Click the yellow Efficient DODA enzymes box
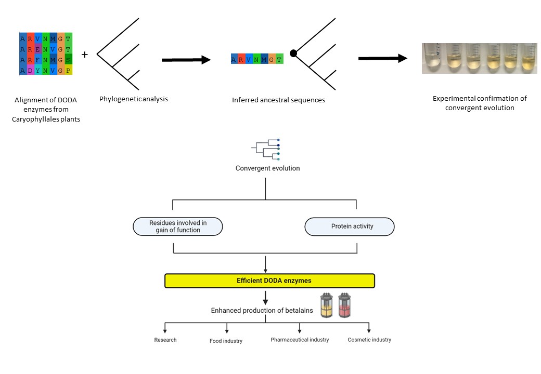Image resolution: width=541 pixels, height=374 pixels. coord(269,281)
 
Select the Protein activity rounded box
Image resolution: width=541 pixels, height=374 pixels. coord(349,226)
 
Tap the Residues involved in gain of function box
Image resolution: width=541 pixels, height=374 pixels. coord(178,226)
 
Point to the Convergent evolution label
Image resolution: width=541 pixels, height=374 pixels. coord(267,168)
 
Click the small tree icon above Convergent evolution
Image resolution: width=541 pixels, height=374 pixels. coord(266,149)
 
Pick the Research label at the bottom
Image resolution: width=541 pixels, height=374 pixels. coord(165,340)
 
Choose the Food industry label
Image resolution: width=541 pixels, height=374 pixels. coord(226,341)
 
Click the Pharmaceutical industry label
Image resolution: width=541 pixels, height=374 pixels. coord(300,340)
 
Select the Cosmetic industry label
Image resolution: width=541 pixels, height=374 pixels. coord(369,340)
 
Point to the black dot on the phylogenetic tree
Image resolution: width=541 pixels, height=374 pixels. coord(293,53)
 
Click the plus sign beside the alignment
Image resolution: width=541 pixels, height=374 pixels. coord(85,55)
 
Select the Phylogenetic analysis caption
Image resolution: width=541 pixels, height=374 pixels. coord(134,99)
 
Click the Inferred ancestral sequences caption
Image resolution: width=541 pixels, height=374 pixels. coord(278,100)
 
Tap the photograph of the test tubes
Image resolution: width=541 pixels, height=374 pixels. coord(478,57)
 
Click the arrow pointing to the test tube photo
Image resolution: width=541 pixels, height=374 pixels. coord(382,58)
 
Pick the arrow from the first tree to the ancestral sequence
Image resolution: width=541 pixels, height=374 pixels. coord(186,60)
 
